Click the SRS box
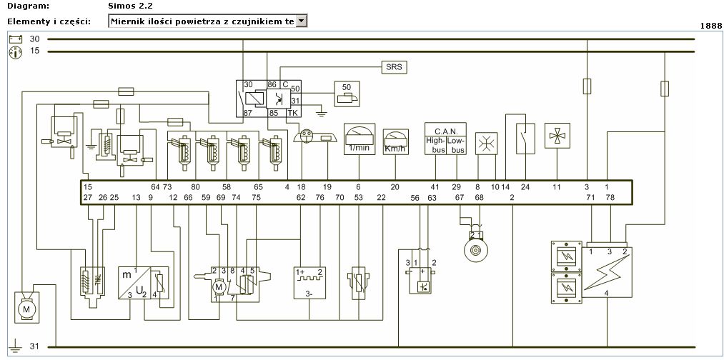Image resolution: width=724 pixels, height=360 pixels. [393, 67]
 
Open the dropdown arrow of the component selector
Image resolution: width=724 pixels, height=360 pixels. [301, 21]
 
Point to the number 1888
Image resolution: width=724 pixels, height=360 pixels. [710, 25]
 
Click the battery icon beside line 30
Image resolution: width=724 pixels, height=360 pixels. [15, 39]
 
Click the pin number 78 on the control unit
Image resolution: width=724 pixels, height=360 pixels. [610, 197]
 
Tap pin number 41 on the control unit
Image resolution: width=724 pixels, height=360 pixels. [435, 187]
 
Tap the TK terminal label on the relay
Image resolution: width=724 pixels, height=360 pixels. [292, 113]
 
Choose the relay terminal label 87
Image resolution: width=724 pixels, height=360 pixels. [248, 113]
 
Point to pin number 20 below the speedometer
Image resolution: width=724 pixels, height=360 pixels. [395, 187]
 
